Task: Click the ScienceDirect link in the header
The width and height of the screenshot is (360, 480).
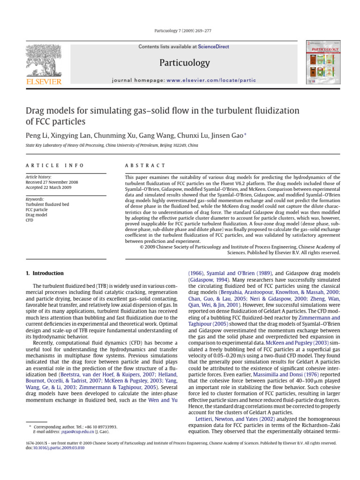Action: (210, 47)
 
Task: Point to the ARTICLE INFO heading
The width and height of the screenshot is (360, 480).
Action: (55, 165)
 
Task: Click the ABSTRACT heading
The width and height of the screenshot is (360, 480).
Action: (145, 165)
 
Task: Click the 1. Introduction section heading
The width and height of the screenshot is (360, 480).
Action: (45, 273)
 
